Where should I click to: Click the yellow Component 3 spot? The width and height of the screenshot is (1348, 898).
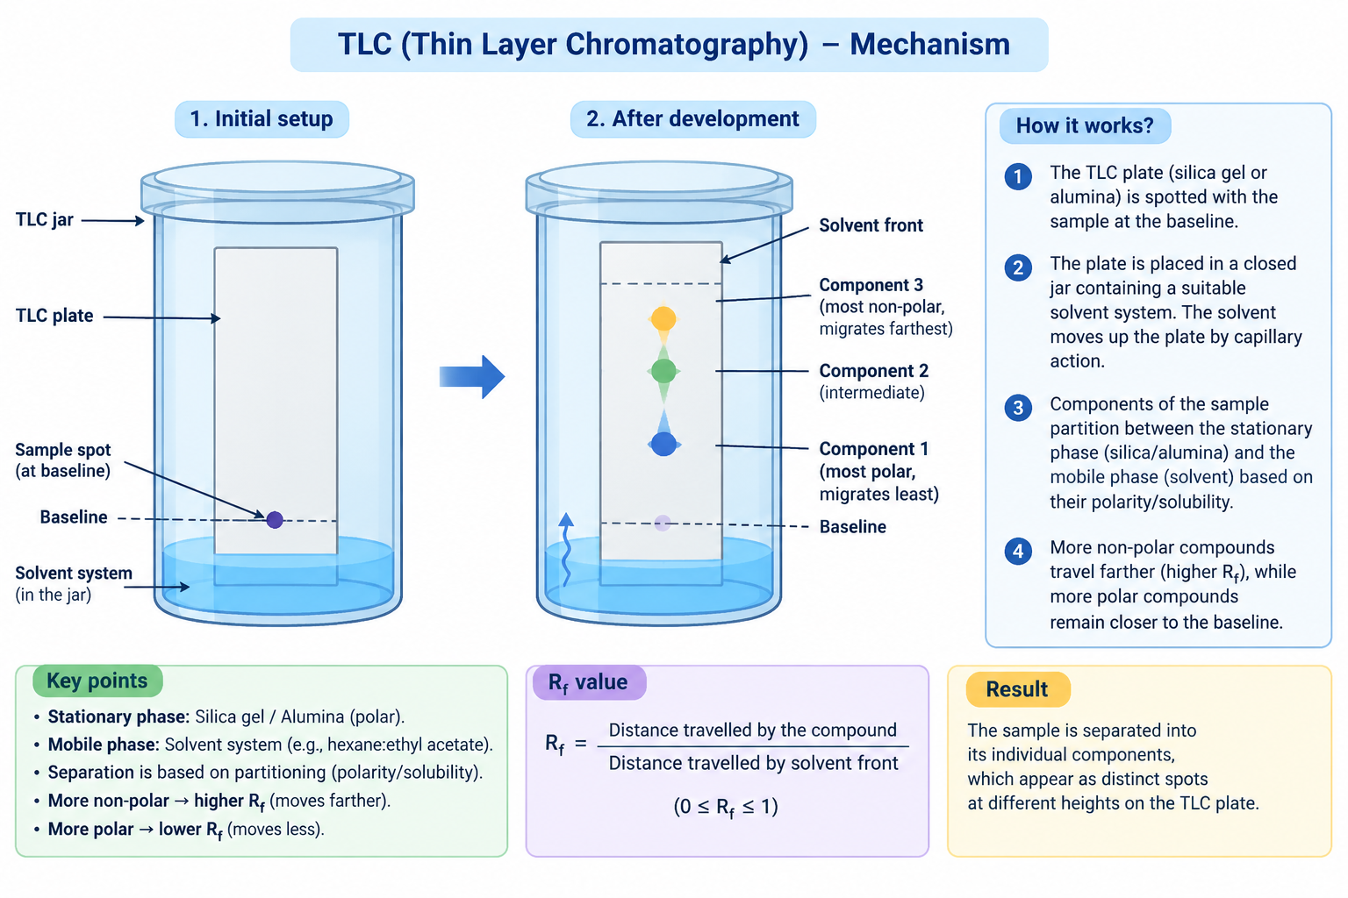pos(663,318)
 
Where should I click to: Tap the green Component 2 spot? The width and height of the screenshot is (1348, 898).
pos(663,371)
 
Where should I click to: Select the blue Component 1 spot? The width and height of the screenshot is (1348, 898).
pos(663,444)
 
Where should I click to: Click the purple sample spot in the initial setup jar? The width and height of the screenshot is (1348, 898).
pos(275,520)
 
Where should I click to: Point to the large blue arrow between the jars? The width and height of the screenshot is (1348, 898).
pos(472,376)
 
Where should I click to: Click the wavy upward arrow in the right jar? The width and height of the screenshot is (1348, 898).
pos(566,549)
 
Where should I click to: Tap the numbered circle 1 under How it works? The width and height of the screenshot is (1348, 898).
pos(1018,177)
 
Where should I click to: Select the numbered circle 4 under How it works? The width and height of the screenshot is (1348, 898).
pos(1018,551)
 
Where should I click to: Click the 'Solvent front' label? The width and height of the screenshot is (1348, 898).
pos(871,225)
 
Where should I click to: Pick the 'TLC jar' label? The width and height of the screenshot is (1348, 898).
pos(45,220)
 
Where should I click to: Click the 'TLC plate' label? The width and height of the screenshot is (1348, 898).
pos(54,316)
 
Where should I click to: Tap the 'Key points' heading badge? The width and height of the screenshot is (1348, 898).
pos(97,681)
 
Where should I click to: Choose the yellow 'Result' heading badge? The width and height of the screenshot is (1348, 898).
pos(1018,689)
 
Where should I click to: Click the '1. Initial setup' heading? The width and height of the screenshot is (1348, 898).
pos(262,119)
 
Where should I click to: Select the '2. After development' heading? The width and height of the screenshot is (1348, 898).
pos(692,119)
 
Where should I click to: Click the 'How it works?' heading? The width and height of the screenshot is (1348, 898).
pos(1085,125)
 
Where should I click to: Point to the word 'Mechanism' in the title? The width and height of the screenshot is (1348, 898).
pos(929,45)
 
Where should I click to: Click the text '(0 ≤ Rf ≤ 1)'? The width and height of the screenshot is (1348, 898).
pos(726,807)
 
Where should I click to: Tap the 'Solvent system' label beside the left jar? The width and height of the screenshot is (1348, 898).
pos(74,574)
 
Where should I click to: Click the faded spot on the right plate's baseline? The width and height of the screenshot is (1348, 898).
pos(662,523)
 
